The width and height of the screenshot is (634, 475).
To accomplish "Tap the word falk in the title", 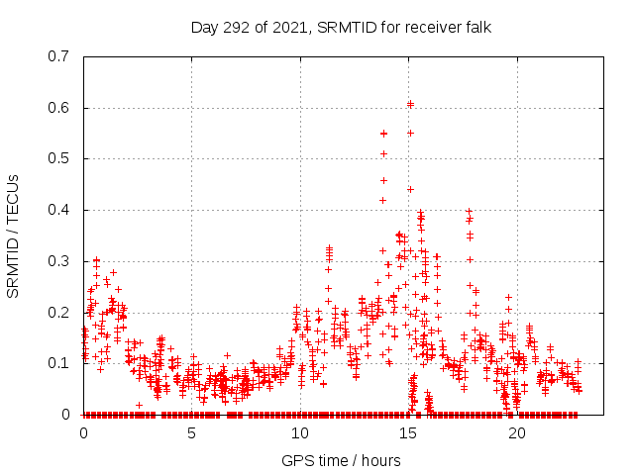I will pyautogui.click(x=475, y=27).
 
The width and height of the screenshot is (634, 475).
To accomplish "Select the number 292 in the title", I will pyautogui.click(x=236, y=27).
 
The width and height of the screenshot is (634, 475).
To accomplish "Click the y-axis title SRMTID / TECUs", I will pyautogui.click(x=13, y=236).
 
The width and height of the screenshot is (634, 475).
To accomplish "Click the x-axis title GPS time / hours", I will pyautogui.click(x=341, y=460).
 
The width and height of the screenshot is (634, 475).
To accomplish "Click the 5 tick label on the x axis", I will pyautogui.click(x=191, y=433).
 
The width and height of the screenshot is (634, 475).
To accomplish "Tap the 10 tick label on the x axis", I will pyautogui.click(x=300, y=433).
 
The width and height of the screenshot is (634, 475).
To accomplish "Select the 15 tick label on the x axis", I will pyautogui.click(x=408, y=433).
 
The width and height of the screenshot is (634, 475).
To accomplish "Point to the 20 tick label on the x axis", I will pyautogui.click(x=517, y=433).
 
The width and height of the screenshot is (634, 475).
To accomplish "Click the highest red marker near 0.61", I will pyautogui.click(x=410, y=103).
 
